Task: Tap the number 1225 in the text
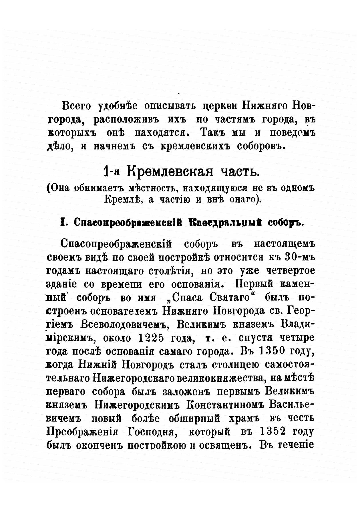click(151, 338)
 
